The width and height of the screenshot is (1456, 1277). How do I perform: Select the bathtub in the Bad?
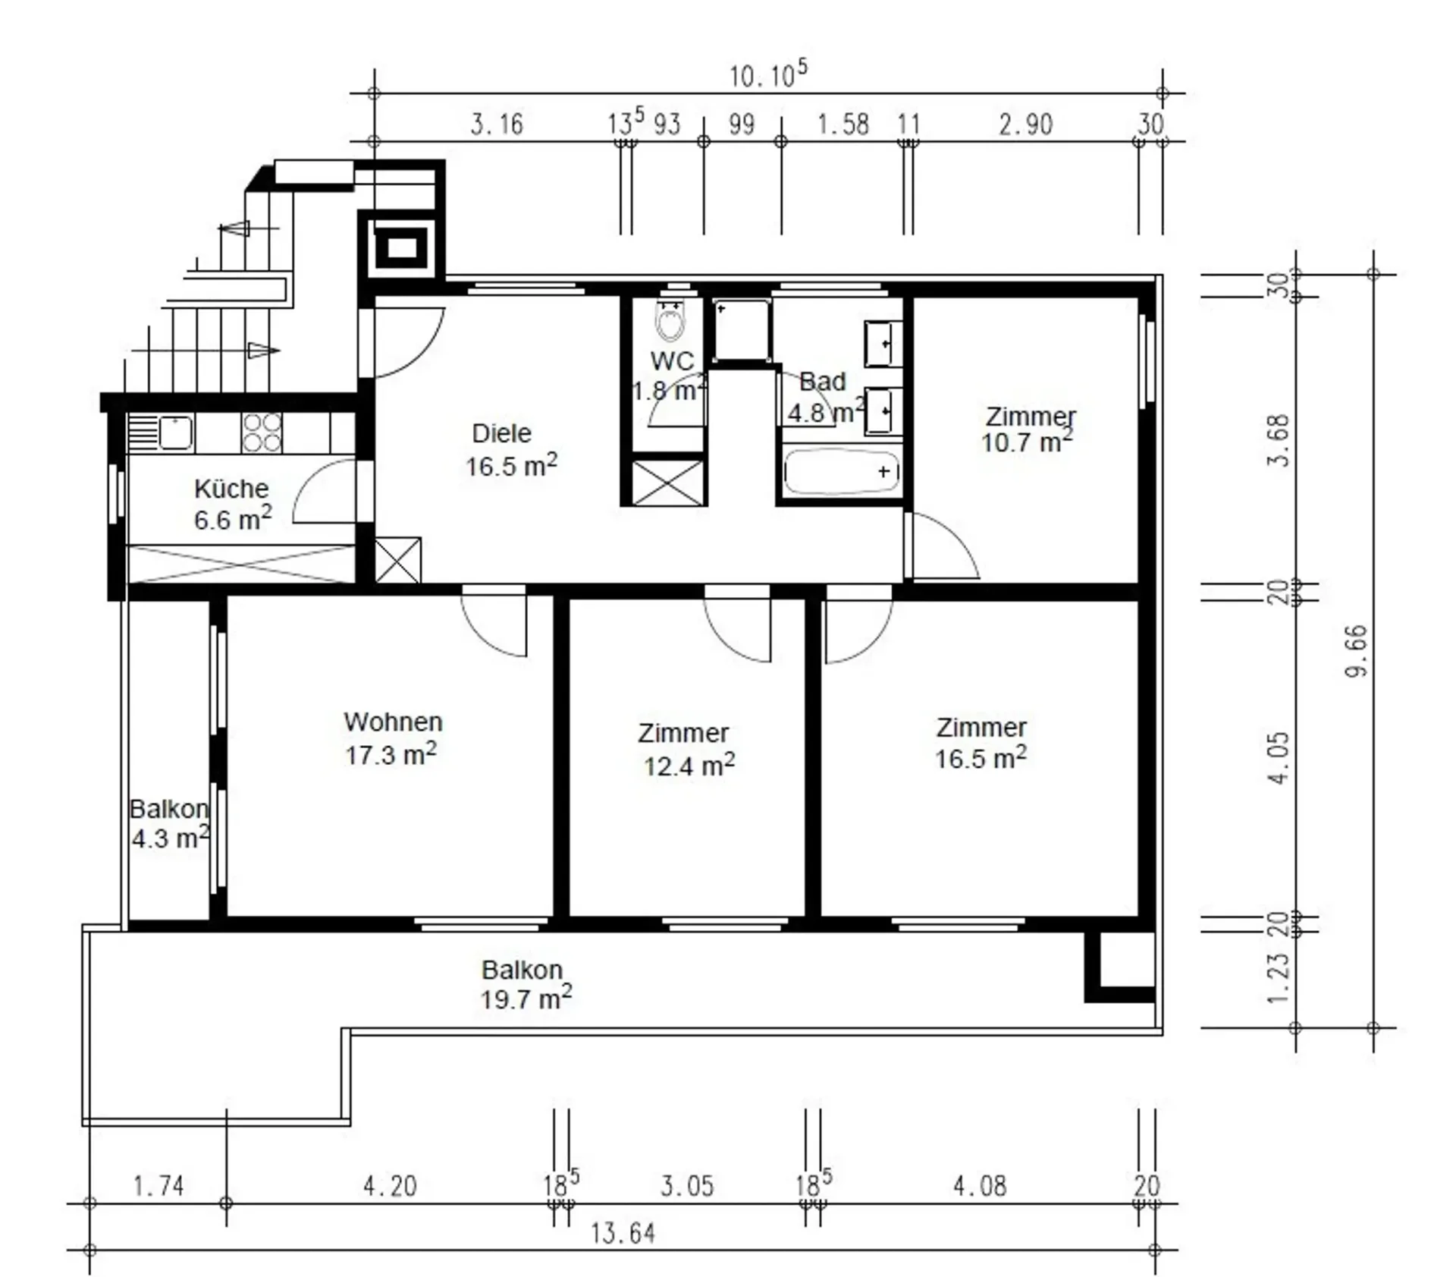[x=841, y=472]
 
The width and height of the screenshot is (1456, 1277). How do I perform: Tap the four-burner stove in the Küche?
[x=262, y=432]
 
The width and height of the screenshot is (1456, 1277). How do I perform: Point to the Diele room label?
[x=501, y=433]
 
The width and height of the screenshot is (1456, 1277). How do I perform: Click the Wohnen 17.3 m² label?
[x=392, y=738]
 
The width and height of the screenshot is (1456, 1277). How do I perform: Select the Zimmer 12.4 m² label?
[x=686, y=749]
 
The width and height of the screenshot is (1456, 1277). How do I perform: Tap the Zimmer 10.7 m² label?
[x=1029, y=429]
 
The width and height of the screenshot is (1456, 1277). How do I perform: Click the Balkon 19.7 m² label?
[x=525, y=984]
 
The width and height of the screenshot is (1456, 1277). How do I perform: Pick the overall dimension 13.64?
[x=623, y=1234]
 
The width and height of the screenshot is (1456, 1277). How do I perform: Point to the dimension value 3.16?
[x=497, y=124]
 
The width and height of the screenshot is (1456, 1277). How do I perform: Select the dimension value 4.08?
[x=980, y=1186]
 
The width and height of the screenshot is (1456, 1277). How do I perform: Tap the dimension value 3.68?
[x=1279, y=441]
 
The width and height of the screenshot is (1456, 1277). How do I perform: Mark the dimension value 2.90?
[x=1025, y=124]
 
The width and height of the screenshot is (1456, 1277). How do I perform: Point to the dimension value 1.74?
[x=158, y=1186]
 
